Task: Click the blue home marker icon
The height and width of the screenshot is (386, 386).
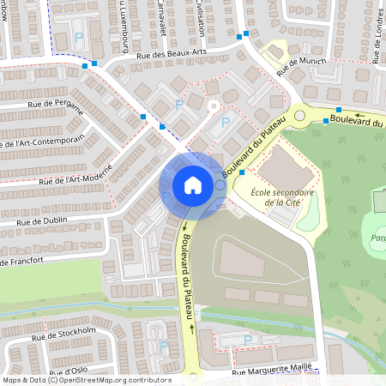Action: [192, 185]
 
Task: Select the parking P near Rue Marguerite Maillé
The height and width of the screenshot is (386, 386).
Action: [248, 341]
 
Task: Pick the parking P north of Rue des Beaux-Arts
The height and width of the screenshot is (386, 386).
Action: [80, 38]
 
